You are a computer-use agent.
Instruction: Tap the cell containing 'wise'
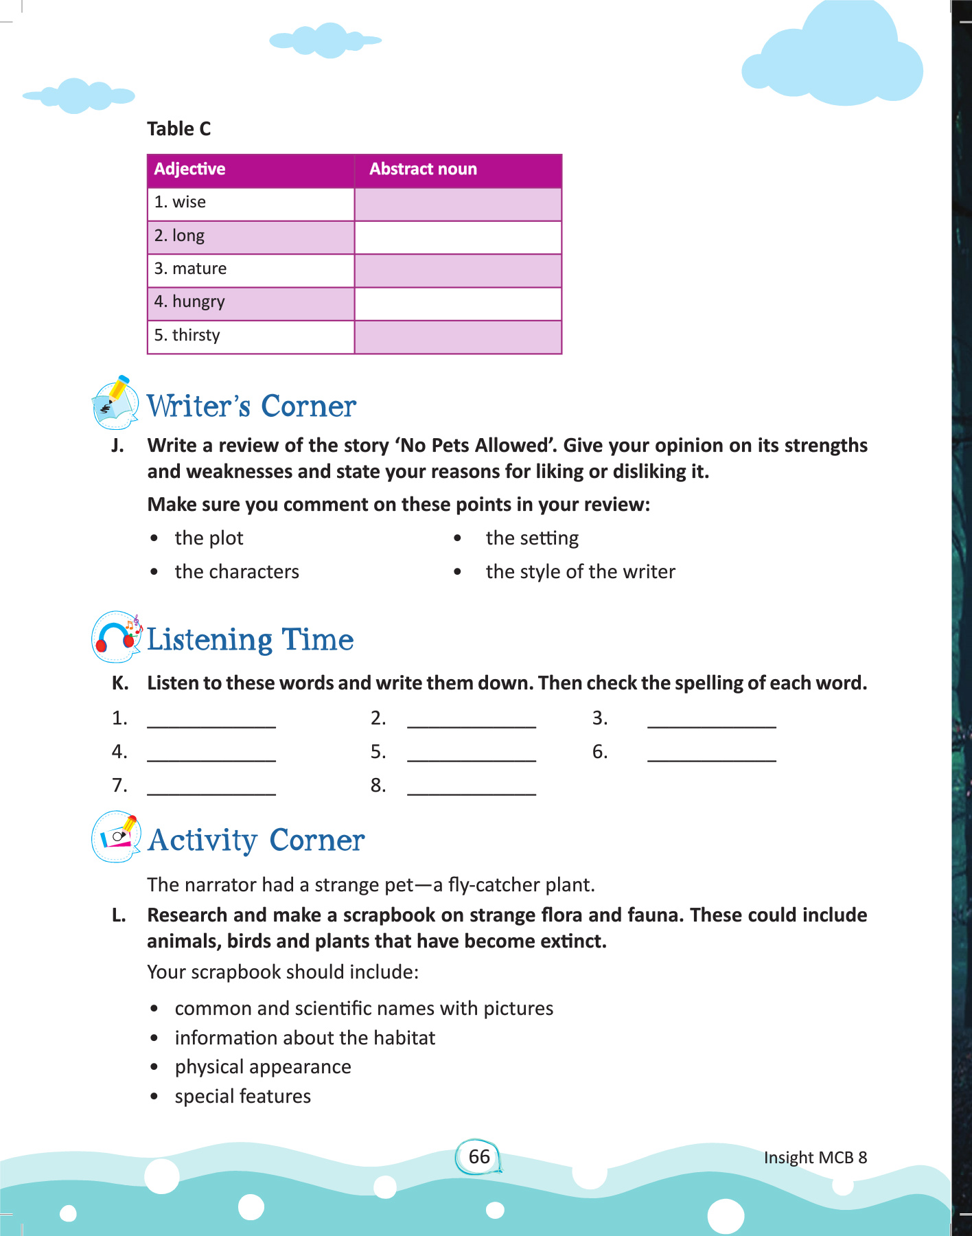(x=251, y=203)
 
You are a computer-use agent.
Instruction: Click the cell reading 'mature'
(x=251, y=269)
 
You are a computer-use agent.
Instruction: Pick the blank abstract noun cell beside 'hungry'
(x=458, y=303)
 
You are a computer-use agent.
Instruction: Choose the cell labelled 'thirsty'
(x=251, y=336)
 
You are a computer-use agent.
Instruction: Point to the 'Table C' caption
(x=178, y=129)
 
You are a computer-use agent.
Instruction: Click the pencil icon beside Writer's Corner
(x=115, y=403)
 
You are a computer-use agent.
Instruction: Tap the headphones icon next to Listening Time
(x=116, y=638)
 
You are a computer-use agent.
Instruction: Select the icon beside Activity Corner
(x=116, y=838)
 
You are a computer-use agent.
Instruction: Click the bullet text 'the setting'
(x=532, y=538)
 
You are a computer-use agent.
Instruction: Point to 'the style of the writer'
(x=580, y=572)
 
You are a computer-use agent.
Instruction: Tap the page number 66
(x=479, y=1157)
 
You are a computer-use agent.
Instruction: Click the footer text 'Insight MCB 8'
(x=815, y=1158)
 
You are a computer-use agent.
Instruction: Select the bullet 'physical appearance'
(x=263, y=1067)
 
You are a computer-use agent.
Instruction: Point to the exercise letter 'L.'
(x=119, y=915)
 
